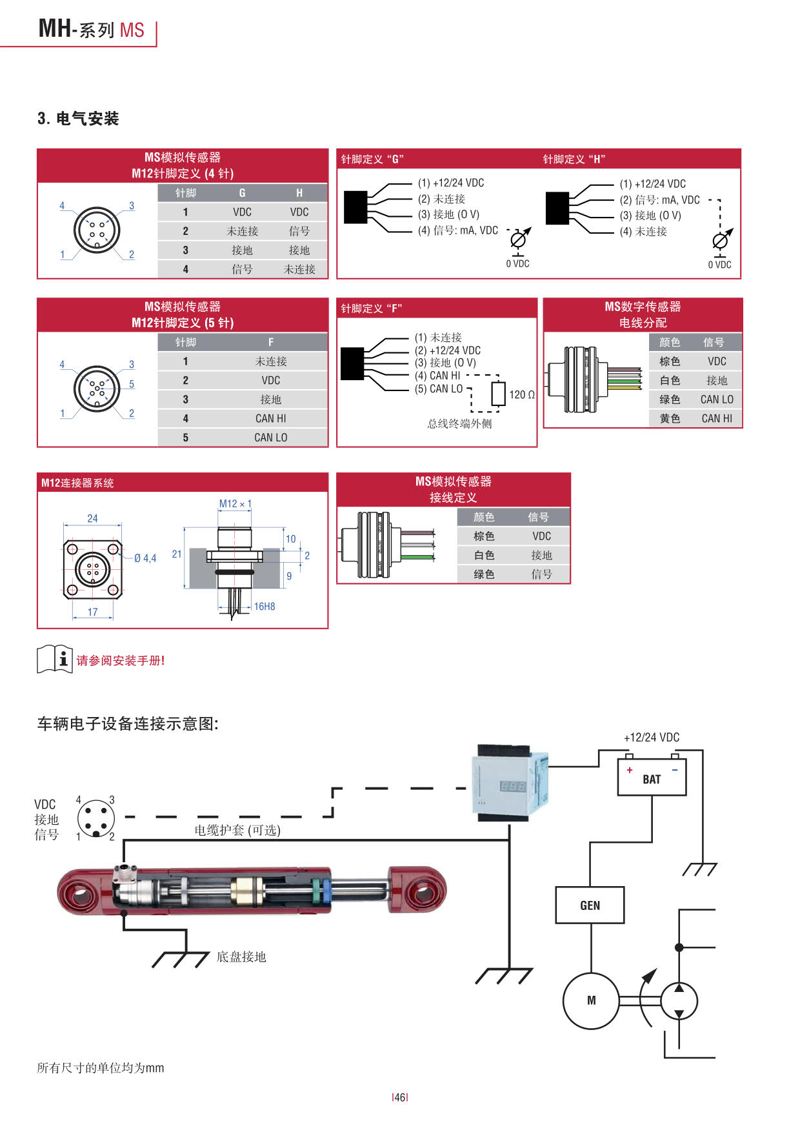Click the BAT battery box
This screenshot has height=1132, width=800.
(652, 777)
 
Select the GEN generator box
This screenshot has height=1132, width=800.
(590, 905)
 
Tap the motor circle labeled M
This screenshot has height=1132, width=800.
(591, 1000)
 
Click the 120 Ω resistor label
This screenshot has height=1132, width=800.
(521, 394)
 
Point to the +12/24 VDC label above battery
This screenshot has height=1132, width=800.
(651, 737)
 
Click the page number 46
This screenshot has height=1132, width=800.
(400, 1097)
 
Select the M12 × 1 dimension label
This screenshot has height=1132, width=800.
(235, 503)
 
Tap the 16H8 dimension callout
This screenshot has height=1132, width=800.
(265, 606)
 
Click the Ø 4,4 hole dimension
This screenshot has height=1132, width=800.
(145, 558)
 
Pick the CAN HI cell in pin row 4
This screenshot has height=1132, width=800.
(270, 418)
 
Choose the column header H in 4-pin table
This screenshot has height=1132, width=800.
(299, 193)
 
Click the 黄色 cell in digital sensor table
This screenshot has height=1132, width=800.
(670, 418)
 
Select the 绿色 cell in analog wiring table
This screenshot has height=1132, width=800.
(484, 574)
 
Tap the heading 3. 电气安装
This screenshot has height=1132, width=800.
(78, 119)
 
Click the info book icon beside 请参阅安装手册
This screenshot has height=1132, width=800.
(55, 659)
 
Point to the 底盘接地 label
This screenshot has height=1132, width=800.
(241, 956)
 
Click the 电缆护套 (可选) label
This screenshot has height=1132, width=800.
(237, 830)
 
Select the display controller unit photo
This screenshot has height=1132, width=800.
(510, 782)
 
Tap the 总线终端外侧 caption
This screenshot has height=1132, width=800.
(459, 423)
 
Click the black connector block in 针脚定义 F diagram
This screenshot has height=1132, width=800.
(352, 363)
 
